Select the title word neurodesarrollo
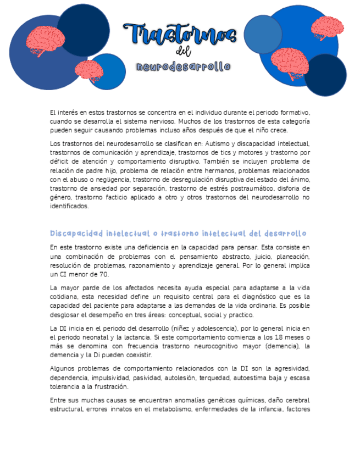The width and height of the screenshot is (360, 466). pyautogui.click(x=184, y=67)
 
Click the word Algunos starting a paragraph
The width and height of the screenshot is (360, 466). pyautogui.click(x=63, y=369)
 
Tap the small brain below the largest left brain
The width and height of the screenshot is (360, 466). pyautogui.click(x=88, y=69)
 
